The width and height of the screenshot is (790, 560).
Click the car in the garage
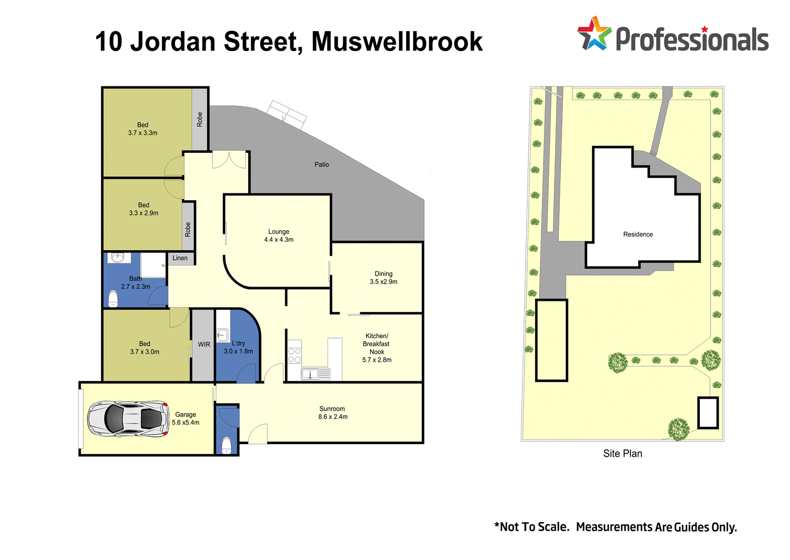click(x=127, y=419)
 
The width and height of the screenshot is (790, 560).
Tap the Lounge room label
click(x=279, y=232)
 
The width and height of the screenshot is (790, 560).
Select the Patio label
click(x=321, y=165)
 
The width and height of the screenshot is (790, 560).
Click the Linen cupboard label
click(x=180, y=258)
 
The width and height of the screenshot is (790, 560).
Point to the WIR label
click(x=204, y=345)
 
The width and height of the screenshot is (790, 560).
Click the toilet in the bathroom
click(x=113, y=299)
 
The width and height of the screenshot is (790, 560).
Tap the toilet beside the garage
click(x=226, y=445)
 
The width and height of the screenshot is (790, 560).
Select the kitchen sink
click(x=311, y=374)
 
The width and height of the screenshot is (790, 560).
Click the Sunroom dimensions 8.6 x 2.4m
click(x=333, y=417)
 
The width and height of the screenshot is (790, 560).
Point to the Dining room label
click(x=383, y=274)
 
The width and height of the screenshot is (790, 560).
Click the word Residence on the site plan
click(x=638, y=234)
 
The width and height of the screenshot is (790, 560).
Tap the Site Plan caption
click(x=623, y=454)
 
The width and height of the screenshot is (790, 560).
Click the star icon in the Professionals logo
click(x=594, y=34)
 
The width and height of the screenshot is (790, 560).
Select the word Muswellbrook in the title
click(x=397, y=42)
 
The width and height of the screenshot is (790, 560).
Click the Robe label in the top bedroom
click(x=200, y=119)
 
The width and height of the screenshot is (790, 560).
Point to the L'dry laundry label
click(x=238, y=343)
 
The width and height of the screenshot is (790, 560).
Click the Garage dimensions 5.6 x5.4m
click(x=185, y=423)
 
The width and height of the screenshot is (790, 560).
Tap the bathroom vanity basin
click(x=117, y=258)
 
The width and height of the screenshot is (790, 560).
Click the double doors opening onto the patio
click(x=229, y=160)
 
